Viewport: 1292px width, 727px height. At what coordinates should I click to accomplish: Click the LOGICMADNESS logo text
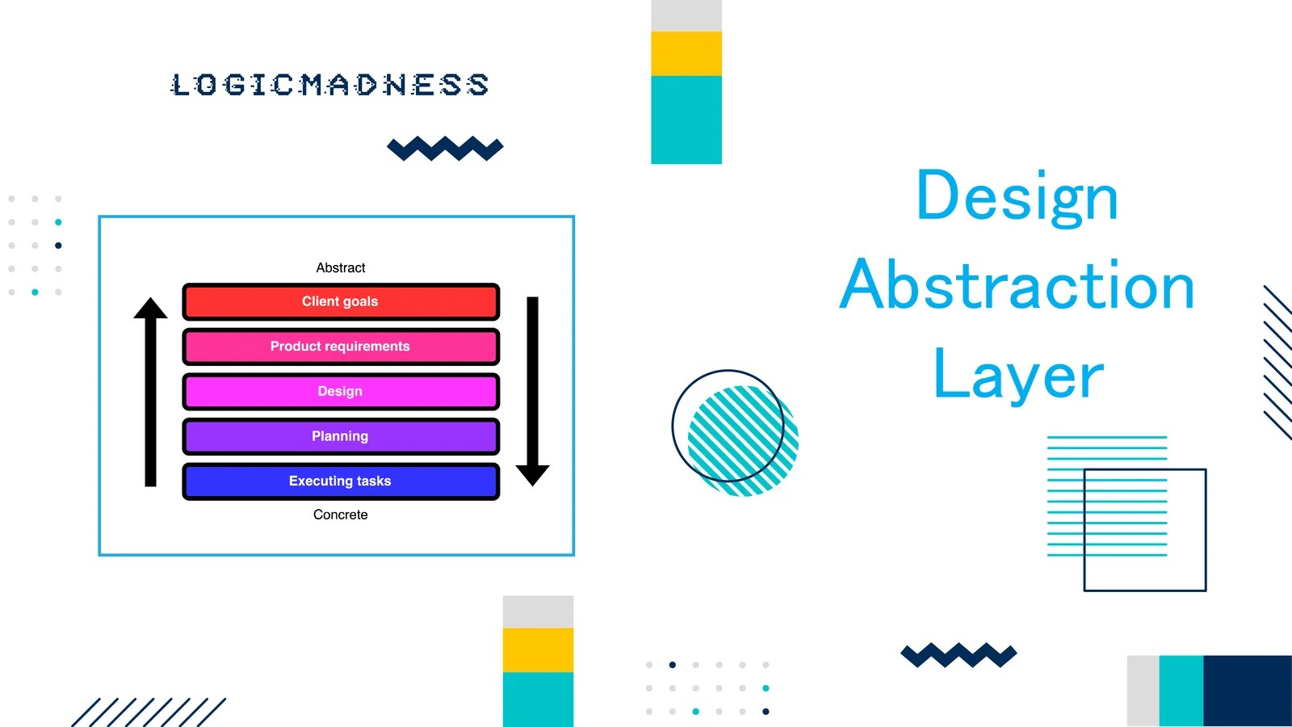(x=329, y=85)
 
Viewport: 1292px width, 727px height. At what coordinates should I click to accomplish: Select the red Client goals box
(x=340, y=301)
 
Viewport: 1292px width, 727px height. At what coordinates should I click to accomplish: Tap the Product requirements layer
(x=340, y=347)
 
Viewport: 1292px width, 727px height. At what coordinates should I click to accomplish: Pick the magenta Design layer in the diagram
(x=340, y=391)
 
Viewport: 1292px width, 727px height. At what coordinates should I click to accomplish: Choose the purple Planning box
(x=340, y=436)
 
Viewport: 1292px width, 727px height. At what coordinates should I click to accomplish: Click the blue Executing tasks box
(x=340, y=481)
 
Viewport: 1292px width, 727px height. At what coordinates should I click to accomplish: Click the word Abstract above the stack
(x=340, y=267)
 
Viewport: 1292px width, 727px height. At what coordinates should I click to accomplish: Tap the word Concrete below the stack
(x=340, y=515)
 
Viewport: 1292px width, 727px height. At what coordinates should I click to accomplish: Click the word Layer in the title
(x=1017, y=375)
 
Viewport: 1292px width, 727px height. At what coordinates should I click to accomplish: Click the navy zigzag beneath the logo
(x=445, y=149)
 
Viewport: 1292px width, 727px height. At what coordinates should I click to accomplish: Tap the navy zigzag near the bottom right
(x=959, y=654)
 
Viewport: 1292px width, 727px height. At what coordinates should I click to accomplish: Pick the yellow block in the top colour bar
(x=686, y=53)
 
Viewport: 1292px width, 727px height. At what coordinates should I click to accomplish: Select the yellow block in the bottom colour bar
(x=538, y=649)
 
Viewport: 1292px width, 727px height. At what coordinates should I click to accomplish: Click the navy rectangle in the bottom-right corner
(x=1247, y=691)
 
